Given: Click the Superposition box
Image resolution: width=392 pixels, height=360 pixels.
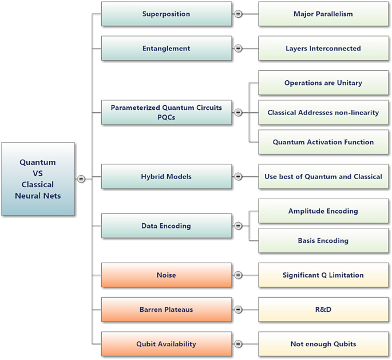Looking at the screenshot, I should pos(167,14).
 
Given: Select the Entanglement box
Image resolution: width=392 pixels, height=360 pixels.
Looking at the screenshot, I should pos(167,49).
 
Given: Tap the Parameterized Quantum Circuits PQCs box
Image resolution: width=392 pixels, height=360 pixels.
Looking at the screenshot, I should pos(167,113).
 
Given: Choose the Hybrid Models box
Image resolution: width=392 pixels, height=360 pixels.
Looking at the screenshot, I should pos(167,177).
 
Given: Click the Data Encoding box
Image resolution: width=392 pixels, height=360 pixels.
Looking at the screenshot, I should pos(167,226).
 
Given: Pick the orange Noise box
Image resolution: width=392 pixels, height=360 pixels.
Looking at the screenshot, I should pos(167,275).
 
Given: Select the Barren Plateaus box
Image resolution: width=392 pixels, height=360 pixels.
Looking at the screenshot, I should pos(167,310).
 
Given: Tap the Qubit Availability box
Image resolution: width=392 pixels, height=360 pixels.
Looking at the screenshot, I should pos(167,344).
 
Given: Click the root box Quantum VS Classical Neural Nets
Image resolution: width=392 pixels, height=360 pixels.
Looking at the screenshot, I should pos(38,179).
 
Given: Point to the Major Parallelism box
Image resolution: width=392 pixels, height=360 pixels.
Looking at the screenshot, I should pos(323,14).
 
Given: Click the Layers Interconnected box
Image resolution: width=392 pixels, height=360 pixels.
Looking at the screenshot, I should pos(323,49).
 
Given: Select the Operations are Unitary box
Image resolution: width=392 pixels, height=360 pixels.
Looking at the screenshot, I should pos(323,83).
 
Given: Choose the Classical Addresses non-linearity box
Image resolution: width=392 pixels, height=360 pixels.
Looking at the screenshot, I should pos(323,113).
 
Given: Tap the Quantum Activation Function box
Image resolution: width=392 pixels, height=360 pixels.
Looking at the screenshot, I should pos(323,142).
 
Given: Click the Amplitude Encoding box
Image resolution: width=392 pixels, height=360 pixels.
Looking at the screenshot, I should pos(323,211).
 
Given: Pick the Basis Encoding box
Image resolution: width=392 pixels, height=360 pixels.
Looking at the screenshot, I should pos(323,241).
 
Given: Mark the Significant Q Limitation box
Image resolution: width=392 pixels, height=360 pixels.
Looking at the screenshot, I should pos(323,275).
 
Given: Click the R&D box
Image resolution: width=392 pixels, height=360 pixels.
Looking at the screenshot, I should pos(323,310).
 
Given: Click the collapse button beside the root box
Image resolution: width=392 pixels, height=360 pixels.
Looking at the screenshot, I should pos(81,179).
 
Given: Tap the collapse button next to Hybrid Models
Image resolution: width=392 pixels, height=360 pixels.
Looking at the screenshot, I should pos(238,177).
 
